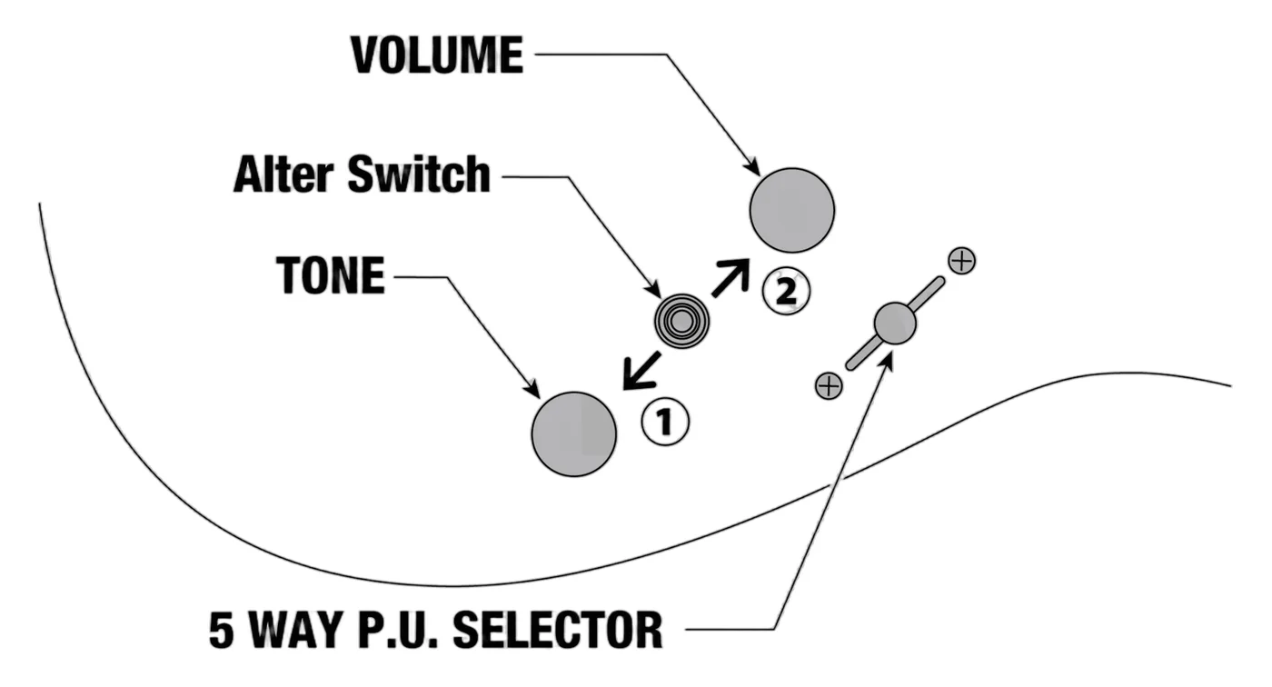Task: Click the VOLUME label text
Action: coord(437,55)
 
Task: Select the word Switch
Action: coord(419,174)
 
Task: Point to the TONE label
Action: coord(331,274)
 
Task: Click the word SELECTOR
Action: coord(558,630)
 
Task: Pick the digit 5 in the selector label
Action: coord(222,630)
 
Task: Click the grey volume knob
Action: coord(792,210)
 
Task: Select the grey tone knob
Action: coord(574,433)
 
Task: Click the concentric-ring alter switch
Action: coord(681,322)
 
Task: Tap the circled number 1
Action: coord(665,422)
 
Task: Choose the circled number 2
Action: coord(786,292)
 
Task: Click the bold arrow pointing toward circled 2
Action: coord(730,278)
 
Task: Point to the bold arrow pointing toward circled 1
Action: coord(641,371)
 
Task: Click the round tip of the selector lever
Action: coord(895,324)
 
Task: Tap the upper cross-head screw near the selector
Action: coord(962,261)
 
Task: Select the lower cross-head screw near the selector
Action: coord(829,386)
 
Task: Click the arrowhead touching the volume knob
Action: coord(753,168)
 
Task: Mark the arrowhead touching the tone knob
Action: coord(533,391)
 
